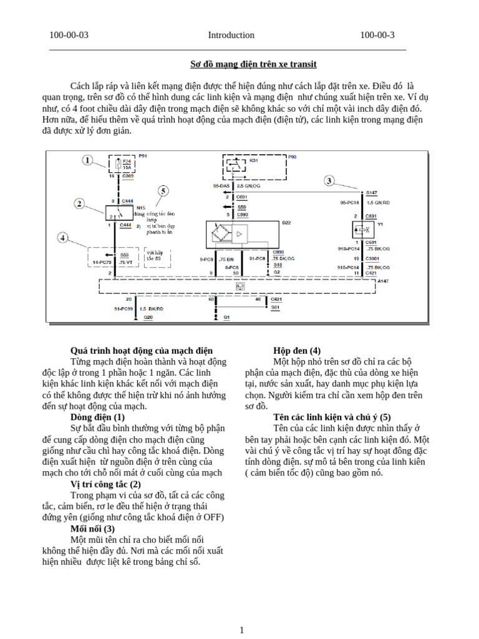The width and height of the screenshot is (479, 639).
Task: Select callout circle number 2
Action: point(79,203)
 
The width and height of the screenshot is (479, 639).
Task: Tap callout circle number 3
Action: point(329,181)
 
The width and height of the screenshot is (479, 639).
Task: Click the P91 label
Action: point(142,155)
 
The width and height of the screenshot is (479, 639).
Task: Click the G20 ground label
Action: point(148,317)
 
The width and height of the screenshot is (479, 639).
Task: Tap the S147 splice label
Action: point(372,193)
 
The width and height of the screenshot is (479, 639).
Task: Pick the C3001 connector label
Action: point(372,257)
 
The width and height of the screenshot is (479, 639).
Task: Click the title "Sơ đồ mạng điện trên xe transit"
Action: point(253,64)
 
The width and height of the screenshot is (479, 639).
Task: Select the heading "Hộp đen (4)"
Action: point(297,351)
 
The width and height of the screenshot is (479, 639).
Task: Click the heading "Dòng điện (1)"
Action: point(98,417)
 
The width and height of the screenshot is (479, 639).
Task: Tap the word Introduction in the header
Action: point(231,35)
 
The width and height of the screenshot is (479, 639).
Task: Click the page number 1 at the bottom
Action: point(241,630)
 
